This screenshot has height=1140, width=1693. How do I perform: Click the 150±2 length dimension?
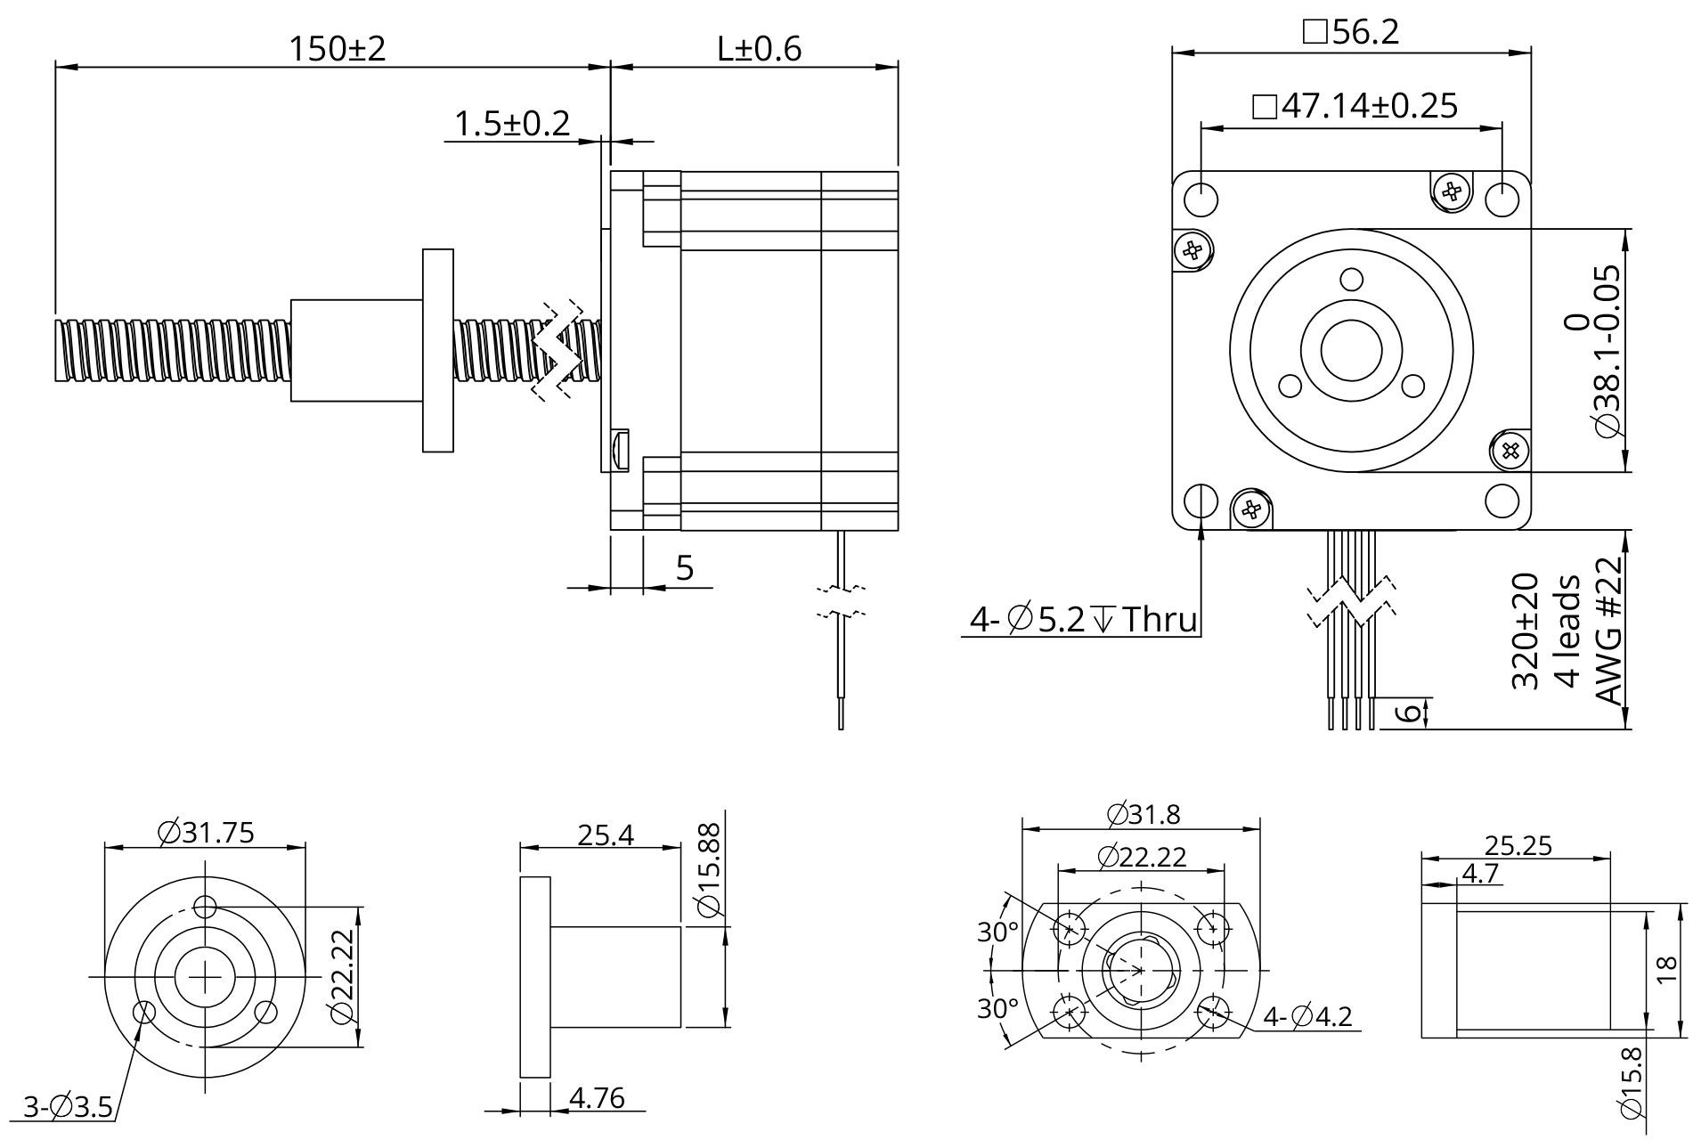(x=337, y=49)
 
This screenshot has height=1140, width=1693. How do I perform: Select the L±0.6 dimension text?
(x=759, y=49)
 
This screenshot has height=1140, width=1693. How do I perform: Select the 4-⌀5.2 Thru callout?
(x=1083, y=619)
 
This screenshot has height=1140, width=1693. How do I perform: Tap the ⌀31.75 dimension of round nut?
(x=206, y=833)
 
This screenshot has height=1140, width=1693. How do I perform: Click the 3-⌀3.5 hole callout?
(x=68, y=1109)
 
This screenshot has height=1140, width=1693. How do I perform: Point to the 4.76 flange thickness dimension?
(x=596, y=1099)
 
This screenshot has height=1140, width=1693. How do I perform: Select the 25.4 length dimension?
(x=606, y=835)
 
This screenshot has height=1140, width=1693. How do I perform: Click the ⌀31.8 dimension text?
(x=1143, y=815)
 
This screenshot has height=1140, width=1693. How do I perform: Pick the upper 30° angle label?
(x=997, y=932)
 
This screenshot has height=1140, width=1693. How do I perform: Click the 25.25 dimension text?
(x=1518, y=845)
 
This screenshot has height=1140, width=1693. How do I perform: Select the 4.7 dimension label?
(x=1479, y=874)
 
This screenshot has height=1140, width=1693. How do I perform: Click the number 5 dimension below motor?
(x=684, y=567)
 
